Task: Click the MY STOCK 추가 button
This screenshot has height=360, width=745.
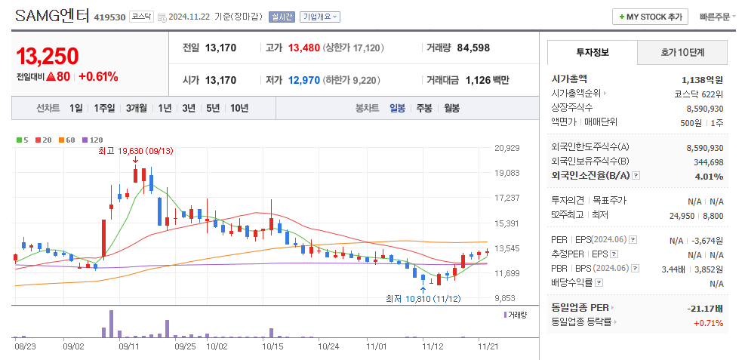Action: click(650, 17)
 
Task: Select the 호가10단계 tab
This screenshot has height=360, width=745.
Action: click(682, 52)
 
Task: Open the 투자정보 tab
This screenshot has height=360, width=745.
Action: click(592, 52)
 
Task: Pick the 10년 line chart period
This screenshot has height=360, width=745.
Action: click(239, 108)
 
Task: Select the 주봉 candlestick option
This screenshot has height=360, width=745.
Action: click(423, 108)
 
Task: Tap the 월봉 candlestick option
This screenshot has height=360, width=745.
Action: click(451, 108)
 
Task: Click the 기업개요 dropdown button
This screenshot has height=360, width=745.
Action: click(320, 17)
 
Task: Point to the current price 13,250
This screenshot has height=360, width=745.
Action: click(47, 56)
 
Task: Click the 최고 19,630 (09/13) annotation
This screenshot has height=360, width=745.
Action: click(136, 151)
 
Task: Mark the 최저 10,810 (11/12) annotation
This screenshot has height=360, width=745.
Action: click(423, 299)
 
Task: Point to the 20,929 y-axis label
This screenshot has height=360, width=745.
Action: click(506, 148)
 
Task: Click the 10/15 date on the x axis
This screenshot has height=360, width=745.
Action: click(272, 346)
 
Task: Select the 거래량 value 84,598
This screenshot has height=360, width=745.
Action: click(473, 48)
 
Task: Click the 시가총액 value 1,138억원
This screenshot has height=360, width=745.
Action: click(702, 79)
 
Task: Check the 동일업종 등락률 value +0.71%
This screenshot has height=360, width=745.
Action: click(708, 323)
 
